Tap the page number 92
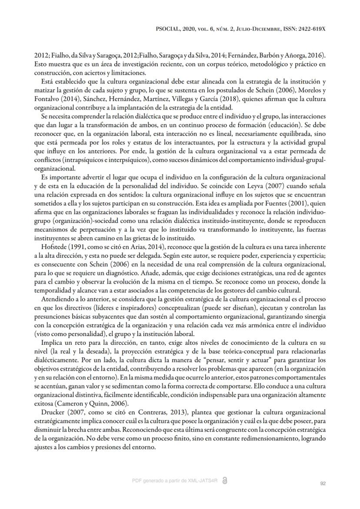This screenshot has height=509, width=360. [323, 483]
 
